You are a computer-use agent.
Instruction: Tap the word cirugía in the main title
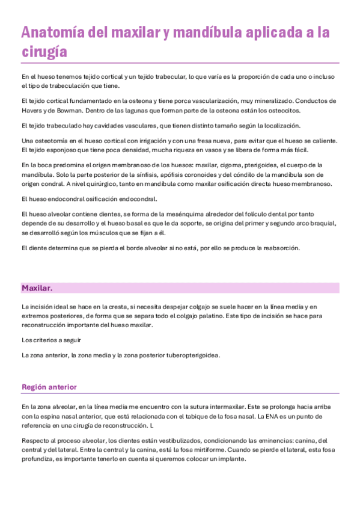pyautogui.click(x=43, y=52)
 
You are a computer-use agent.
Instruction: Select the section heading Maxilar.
pyautogui.click(x=37, y=288)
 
